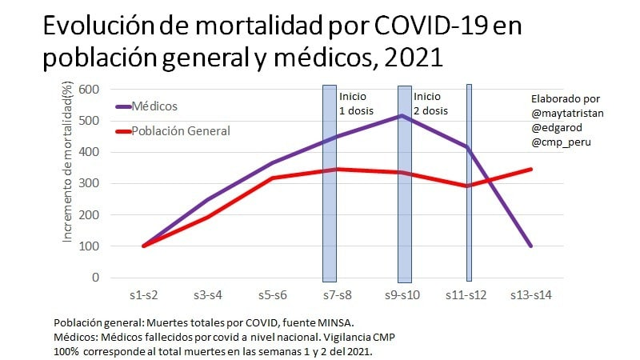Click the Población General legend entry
point(180,130)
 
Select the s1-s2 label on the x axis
point(144,295)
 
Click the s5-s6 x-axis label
point(274,295)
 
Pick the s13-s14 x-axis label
point(531,295)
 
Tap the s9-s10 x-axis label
point(402,295)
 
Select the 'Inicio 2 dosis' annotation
point(430,104)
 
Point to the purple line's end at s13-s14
point(531,246)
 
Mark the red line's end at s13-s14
point(531,169)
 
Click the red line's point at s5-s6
point(274,178)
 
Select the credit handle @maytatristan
point(567,114)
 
